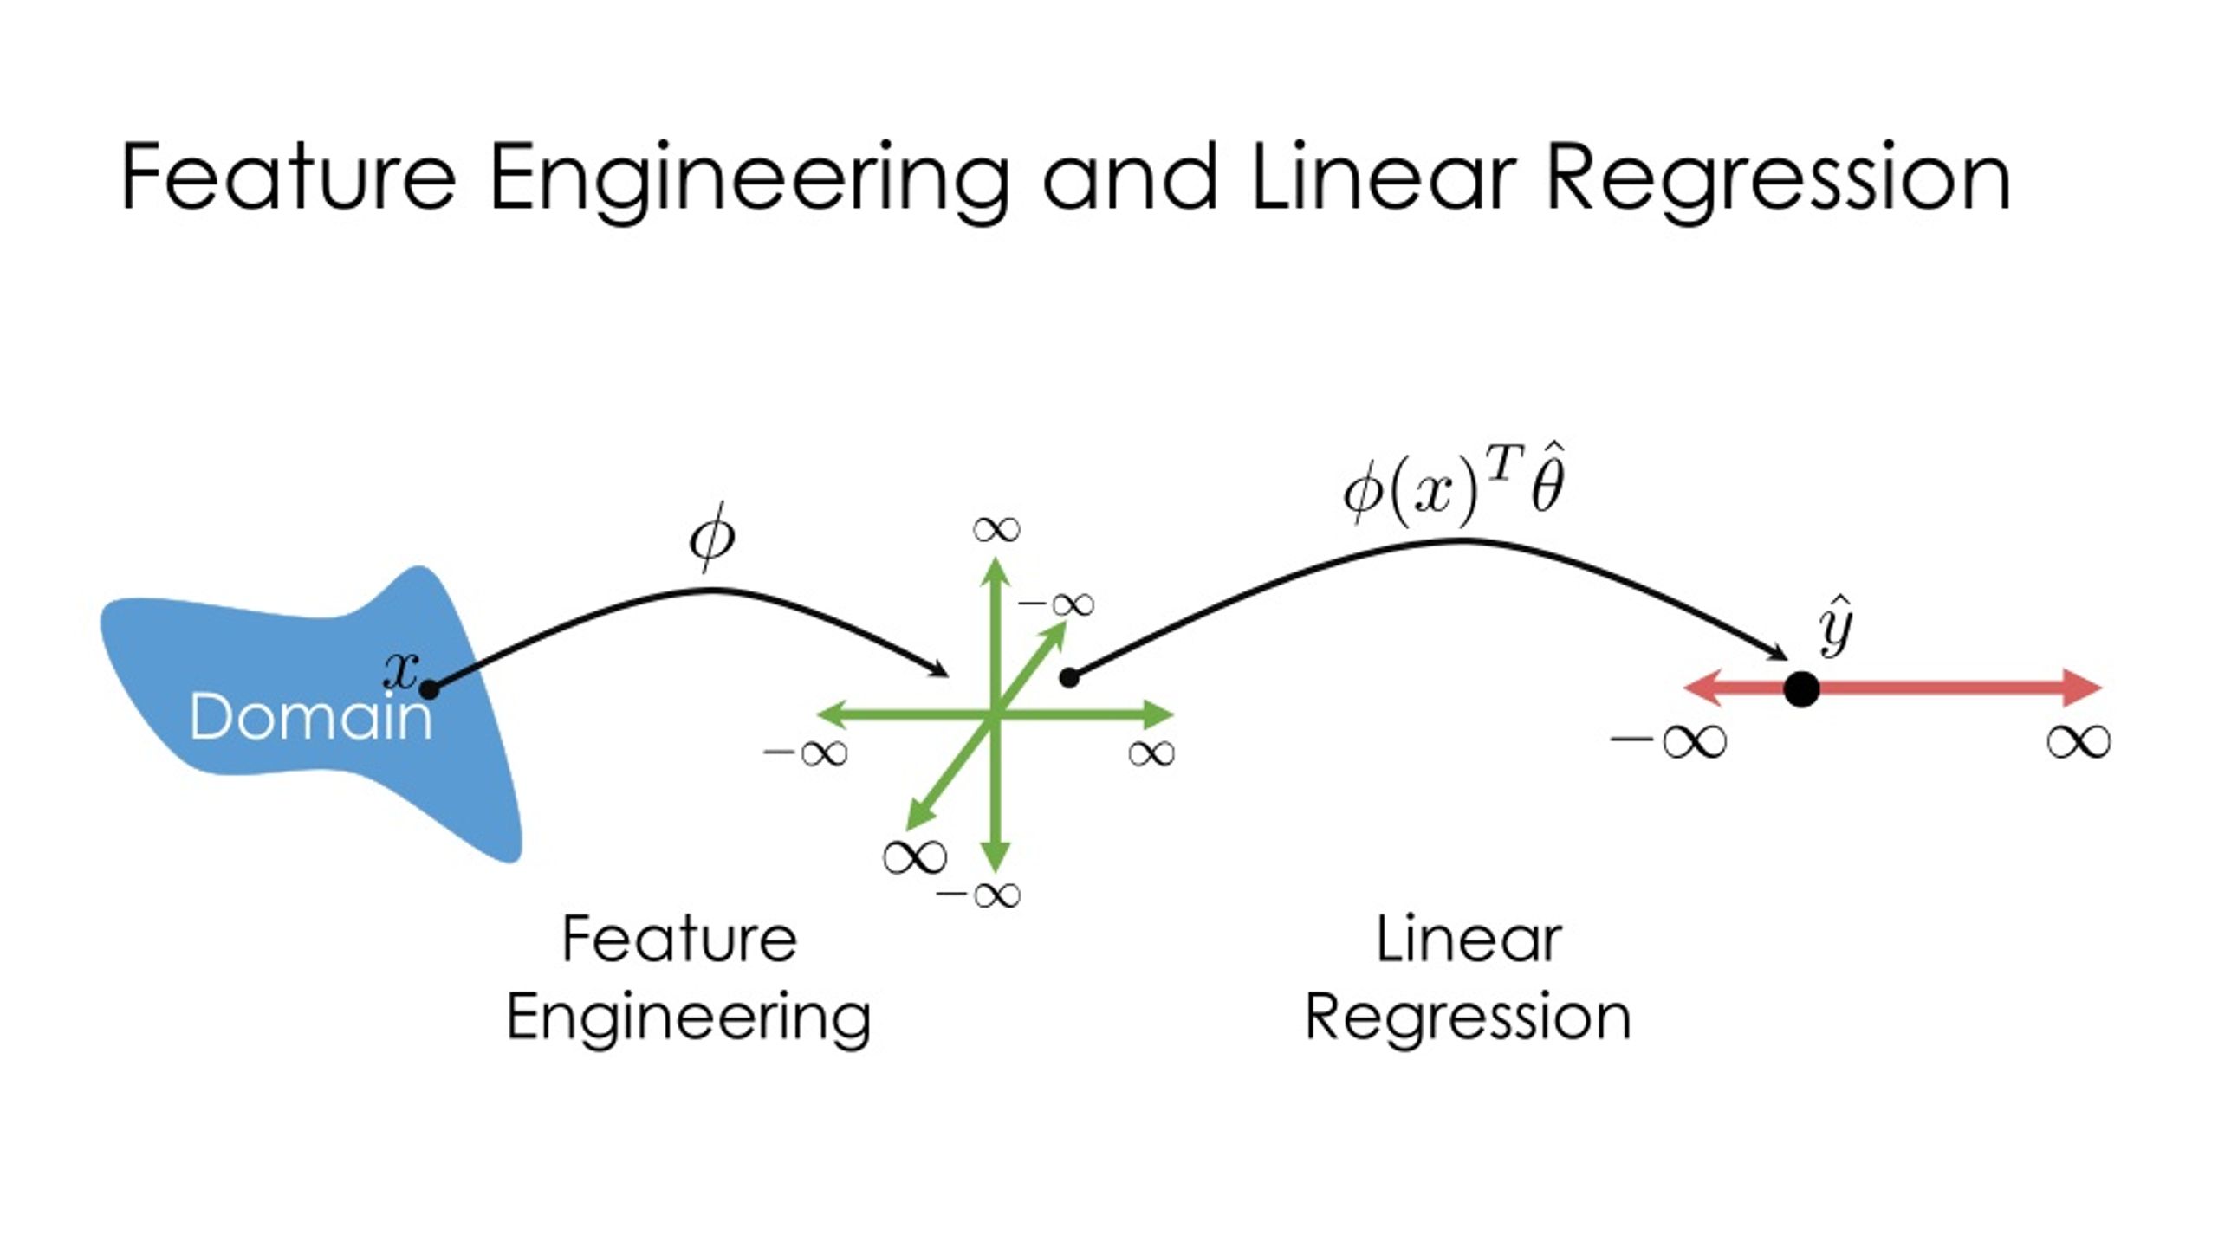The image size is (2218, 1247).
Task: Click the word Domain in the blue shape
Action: [x=310, y=718]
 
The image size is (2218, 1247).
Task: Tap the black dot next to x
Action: [x=429, y=690]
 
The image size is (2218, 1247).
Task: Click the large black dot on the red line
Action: [x=1802, y=689]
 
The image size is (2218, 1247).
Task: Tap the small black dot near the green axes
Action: [x=1069, y=678]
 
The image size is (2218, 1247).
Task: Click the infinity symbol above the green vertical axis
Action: [x=996, y=529]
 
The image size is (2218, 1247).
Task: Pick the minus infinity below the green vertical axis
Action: [x=979, y=895]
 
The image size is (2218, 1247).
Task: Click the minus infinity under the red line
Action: [x=1668, y=741]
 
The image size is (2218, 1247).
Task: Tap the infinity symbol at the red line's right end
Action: [x=2079, y=741]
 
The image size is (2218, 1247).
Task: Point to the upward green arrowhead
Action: [x=996, y=573]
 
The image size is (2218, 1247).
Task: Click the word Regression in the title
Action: [x=1778, y=178]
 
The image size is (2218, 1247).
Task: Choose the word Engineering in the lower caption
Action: [x=689, y=1018]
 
